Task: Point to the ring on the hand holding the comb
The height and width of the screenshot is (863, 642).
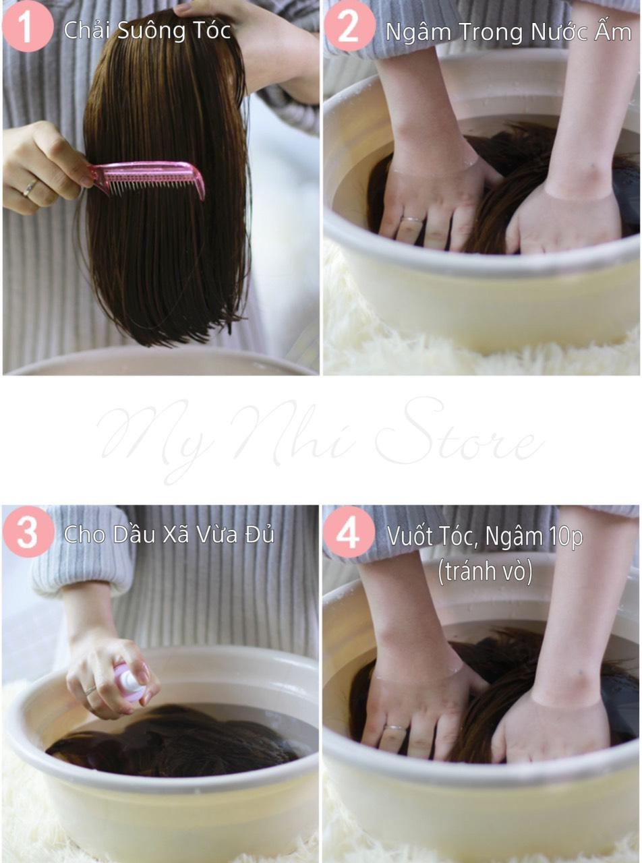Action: [30, 188]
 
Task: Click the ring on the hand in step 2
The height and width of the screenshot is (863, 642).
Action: [412, 220]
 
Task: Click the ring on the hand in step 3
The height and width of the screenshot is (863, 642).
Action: [90, 690]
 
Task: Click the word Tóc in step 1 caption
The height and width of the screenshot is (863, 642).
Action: [210, 30]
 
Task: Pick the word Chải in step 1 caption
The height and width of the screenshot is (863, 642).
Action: [88, 30]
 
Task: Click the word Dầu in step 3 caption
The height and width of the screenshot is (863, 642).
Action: [135, 534]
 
